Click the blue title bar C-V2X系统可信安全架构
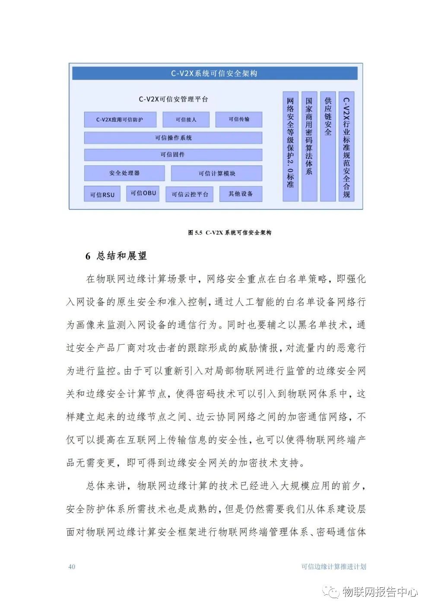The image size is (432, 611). pyautogui.click(x=215, y=73)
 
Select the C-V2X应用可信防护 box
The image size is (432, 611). pyautogui.click(x=120, y=120)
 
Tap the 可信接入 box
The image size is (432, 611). pyautogui.click(x=186, y=120)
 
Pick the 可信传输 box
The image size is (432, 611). pyautogui.click(x=239, y=120)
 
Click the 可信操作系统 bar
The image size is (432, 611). pyautogui.click(x=173, y=138)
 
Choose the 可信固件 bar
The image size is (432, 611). pyautogui.click(x=173, y=155)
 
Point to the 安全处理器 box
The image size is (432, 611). pyautogui.click(x=124, y=173)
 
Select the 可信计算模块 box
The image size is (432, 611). pyautogui.click(x=217, y=174)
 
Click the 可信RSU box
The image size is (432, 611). pyautogui.click(x=102, y=194)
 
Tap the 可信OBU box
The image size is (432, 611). pyautogui.click(x=143, y=193)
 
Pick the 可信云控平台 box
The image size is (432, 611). pyautogui.click(x=190, y=194)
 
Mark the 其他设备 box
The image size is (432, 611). pyautogui.click(x=241, y=194)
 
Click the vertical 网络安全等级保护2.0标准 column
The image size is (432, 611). pyautogui.click(x=291, y=146)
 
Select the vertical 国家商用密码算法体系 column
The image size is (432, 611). pyautogui.click(x=309, y=146)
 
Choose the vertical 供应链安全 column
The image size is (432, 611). pyautogui.click(x=328, y=146)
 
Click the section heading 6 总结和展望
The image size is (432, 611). pyautogui.click(x=116, y=256)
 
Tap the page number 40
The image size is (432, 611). pyautogui.click(x=72, y=567)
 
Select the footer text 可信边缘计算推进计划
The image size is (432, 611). pyautogui.click(x=334, y=567)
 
